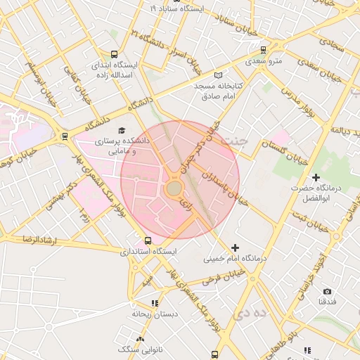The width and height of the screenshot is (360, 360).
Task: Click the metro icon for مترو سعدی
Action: [264, 50]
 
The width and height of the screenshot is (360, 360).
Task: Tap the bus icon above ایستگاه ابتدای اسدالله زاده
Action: [115, 54]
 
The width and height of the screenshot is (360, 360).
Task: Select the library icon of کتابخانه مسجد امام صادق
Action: [218, 75]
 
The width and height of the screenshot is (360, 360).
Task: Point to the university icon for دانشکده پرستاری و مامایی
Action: [122, 130]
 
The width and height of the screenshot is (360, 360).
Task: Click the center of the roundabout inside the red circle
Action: [174, 188]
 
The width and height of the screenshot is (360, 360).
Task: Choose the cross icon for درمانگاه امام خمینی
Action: [235, 247]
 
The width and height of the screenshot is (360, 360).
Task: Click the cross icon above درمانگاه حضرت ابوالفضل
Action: [316, 177]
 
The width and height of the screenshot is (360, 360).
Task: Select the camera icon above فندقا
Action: [327, 291]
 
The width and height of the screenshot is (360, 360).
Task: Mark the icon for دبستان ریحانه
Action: [155, 303]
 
